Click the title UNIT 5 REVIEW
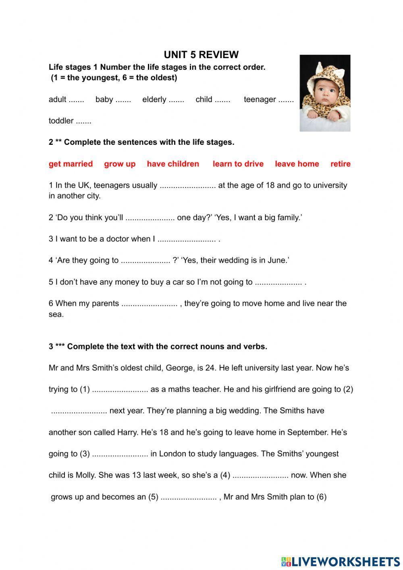tap(201, 55)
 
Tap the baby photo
tap(325, 93)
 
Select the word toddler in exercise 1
tap(61, 121)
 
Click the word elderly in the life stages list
tap(154, 99)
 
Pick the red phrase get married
tap(71, 164)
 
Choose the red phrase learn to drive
tap(238, 164)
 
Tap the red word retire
tap(340, 164)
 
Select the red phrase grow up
tap(120, 164)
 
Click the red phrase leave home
tap(297, 164)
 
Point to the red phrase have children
tap(173, 164)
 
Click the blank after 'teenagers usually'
tap(188, 186)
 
